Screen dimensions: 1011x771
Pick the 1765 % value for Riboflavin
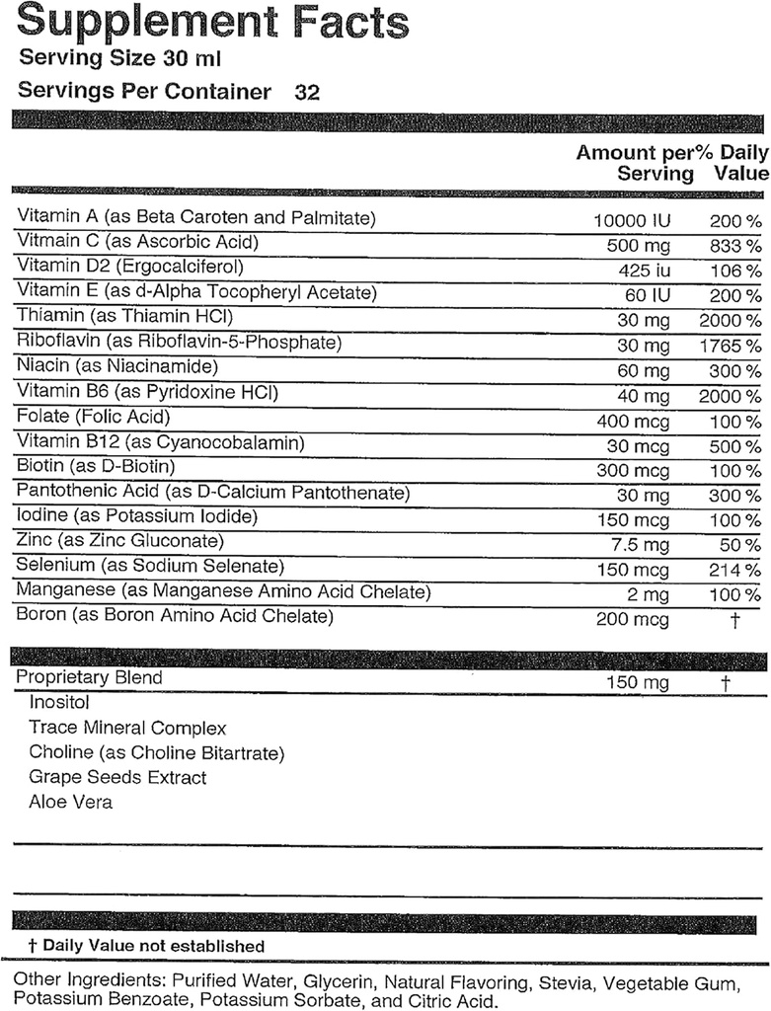click(729, 347)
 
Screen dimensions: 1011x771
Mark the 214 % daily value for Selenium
click(734, 570)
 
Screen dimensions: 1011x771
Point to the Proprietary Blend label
click(90, 678)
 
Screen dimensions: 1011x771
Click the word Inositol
click(59, 703)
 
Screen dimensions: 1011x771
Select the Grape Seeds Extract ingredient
click(117, 777)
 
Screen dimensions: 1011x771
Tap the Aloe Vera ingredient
click(70, 802)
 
